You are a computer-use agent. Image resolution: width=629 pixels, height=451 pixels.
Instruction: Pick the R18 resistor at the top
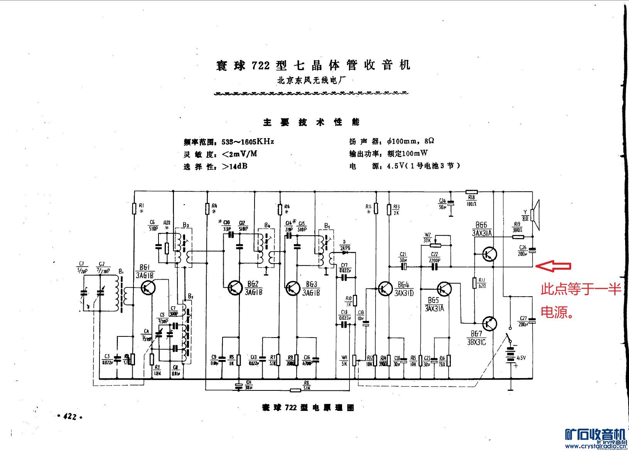tap(471, 191)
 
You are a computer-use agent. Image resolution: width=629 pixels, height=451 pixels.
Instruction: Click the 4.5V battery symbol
tap(511, 355)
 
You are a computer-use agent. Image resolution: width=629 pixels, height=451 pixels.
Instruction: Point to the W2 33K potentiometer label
tap(427, 237)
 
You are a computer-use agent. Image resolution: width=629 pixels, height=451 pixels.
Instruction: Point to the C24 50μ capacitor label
tap(442, 204)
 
